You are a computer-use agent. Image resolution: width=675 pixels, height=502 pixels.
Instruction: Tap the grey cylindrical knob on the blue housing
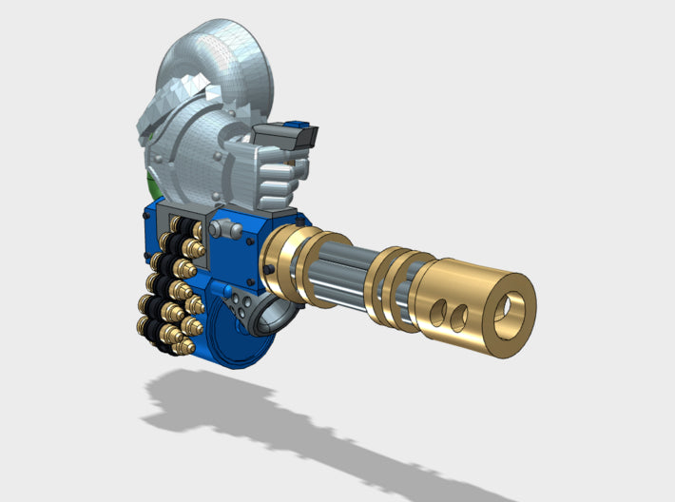[x=225, y=229]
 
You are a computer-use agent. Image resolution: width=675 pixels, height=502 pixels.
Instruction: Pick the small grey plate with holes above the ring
[x=243, y=306]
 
